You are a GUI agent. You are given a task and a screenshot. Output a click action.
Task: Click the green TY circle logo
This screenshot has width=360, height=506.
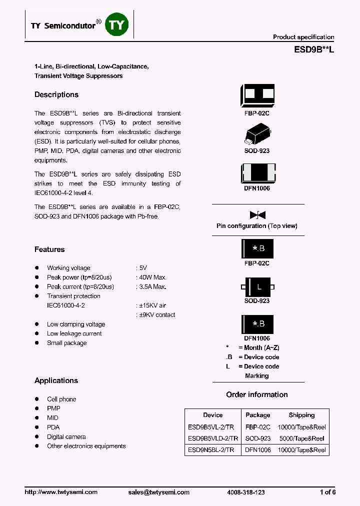click(x=116, y=24)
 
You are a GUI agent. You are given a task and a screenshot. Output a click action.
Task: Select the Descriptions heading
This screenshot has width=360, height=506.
click(x=56, y=94)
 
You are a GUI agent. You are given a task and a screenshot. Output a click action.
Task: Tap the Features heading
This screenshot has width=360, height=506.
click(x=49, y=249)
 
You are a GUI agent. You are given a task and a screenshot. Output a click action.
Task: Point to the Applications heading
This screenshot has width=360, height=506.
click(x=56, y=380)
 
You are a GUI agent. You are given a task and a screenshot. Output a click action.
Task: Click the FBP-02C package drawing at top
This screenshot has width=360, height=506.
click(x=257, y=94)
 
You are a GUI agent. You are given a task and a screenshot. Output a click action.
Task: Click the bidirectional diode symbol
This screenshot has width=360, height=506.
click(x=257, y=215)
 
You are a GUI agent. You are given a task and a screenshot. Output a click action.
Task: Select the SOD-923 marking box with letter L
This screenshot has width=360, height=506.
click(x=257, y=287)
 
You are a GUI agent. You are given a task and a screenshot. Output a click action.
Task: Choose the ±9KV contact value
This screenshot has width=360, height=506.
click(x=156, y=315)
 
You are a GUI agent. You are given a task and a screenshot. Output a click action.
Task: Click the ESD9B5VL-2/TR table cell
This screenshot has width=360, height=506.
click(x=213, y=427)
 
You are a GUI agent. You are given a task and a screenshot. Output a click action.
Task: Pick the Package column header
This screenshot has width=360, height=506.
click(x=258, y=415)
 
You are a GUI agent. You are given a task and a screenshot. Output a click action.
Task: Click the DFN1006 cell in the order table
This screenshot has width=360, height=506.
click(x=258, y=450)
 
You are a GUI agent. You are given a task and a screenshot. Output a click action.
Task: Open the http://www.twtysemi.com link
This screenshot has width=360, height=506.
click(x=61, y=492)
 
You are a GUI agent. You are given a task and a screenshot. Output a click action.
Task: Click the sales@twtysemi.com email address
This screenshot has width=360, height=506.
click(x=159, y=492)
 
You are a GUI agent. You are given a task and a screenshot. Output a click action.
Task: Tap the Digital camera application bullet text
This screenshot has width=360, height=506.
click(x=66, y=437)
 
